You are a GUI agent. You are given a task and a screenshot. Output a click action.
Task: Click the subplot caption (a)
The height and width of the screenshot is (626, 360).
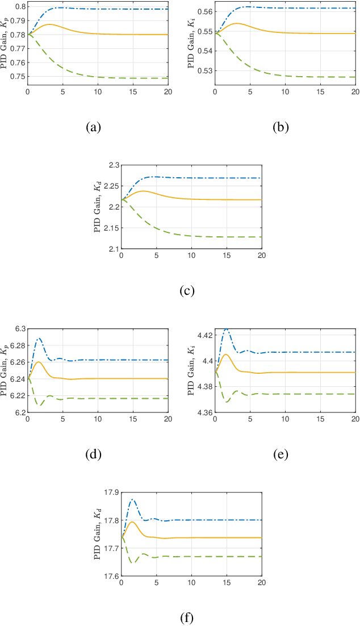tap(93, 127)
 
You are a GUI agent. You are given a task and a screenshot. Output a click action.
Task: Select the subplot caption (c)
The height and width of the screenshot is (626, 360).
tap(187, 291)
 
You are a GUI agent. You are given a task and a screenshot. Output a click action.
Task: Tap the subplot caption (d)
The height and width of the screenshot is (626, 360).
tap(93, 454)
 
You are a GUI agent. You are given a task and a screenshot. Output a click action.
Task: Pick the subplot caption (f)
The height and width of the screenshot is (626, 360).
tap(187, 617)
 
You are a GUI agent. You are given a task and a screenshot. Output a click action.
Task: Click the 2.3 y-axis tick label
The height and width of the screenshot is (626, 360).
tap(112, 165)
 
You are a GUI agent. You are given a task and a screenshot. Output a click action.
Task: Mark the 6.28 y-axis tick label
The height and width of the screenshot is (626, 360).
tap(16, 346)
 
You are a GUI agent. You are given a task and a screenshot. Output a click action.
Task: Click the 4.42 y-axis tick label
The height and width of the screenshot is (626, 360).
tap(203, 336)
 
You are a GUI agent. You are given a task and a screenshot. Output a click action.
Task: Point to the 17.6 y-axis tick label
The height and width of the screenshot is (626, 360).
tap(110, 576)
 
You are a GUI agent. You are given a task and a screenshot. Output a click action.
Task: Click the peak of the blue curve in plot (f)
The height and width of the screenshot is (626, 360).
tap(132, 499)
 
